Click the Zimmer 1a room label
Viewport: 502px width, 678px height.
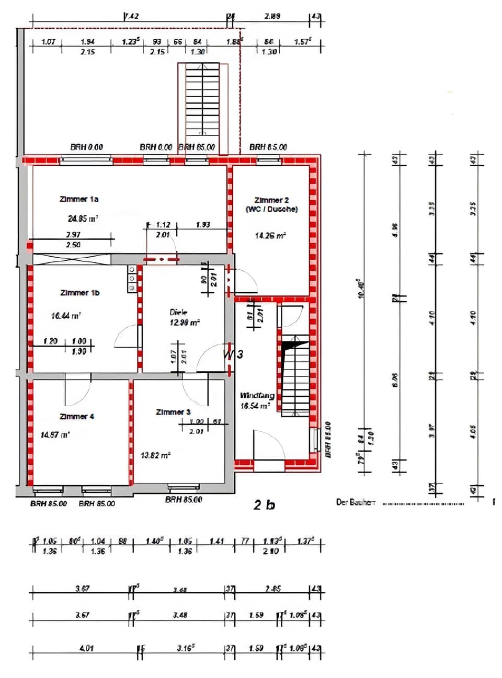79,199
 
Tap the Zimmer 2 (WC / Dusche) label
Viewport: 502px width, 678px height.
271,204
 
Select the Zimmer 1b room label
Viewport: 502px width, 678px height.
79,293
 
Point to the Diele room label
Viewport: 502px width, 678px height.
178,312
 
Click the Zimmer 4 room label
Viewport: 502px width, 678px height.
76,417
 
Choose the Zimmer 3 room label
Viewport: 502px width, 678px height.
173,412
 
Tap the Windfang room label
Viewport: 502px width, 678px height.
257,396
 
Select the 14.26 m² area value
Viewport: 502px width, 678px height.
270,236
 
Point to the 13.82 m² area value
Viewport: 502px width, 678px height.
155,455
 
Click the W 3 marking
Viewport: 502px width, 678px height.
233,354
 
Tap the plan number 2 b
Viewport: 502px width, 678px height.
264,504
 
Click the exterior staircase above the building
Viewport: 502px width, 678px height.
198,107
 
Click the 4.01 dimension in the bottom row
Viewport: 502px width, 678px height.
86,648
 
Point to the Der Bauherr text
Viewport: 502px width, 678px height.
356,502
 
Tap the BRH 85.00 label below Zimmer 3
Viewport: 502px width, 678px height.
184,500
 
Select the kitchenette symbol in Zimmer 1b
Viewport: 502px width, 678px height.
132,279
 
